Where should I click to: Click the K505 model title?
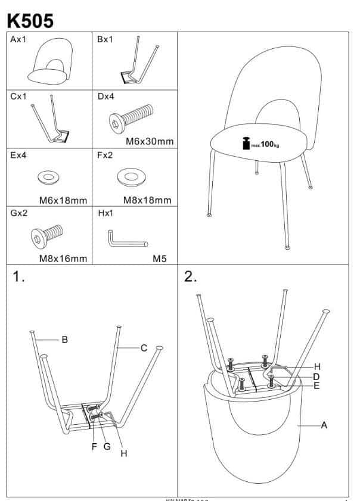(x=30, y=20)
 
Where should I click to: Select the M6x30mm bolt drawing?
(x=132, y=116)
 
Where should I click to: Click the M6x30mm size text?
(x=150, y=142)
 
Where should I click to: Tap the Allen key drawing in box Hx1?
(x=127, y=238)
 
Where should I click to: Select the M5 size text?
(x=160, y=259)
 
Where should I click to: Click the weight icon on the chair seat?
(x=244, y=144)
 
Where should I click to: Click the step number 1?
(x=19, y=278)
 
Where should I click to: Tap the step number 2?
(x=191, y=277)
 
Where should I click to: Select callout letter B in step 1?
(x=64, y=340)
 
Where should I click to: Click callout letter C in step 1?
(x=144, y=348)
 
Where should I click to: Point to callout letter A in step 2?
(x=324, y=425)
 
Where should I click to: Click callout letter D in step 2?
(x=316, y=376)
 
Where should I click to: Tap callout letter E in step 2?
(x=316, y=386)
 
